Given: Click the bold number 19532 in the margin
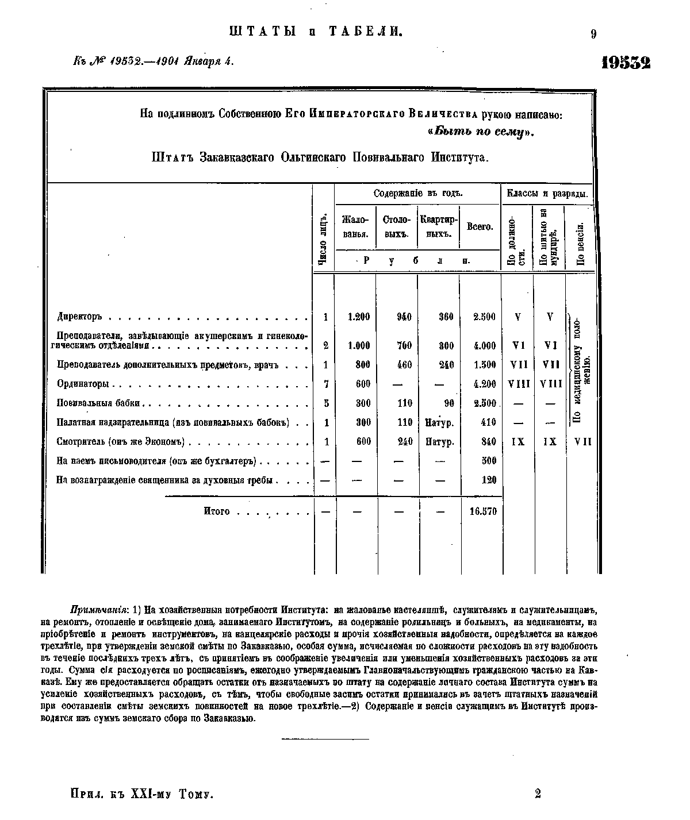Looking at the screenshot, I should pos(626,62).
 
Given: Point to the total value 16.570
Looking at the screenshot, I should pos(483,511).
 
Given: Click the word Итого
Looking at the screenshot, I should pos(217,511).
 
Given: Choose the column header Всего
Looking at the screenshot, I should pos(480,227).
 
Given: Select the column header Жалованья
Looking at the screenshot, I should pos(355,226).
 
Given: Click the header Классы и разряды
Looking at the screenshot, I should pos(547,194).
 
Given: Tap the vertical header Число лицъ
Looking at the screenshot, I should pos(324,239).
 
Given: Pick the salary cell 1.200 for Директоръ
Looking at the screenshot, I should pos(359,317).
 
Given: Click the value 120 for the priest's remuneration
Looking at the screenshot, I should pos(489,480).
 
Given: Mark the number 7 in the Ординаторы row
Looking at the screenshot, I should pos(326,384).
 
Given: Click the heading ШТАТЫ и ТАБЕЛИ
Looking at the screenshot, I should pos(315,32).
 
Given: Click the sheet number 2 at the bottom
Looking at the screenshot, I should pos(538,794).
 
